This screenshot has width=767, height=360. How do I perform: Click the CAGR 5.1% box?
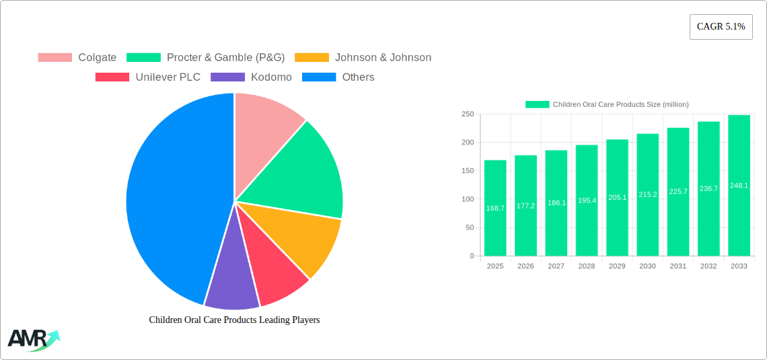721,27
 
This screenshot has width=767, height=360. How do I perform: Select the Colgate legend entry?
77,58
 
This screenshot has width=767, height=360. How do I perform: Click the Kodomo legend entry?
252,77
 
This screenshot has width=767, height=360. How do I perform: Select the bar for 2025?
495,209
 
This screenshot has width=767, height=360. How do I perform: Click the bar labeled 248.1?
739,186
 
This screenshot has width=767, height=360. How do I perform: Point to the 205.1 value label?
617,197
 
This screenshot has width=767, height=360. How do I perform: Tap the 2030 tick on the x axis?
647,266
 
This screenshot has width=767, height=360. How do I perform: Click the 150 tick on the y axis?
467,171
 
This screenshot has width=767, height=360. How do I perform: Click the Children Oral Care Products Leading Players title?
234,320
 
